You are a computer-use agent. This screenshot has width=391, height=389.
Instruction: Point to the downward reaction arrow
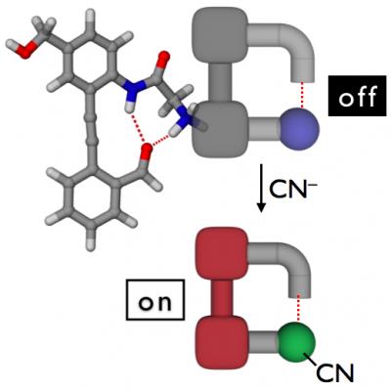pyautogui.click(x=260, y=190)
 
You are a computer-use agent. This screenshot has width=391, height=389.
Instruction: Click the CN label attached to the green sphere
pyautogui.click(x=341, y=372)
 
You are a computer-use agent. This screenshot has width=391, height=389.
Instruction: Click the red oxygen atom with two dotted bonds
pyautogui.click(x=147, y=151)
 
